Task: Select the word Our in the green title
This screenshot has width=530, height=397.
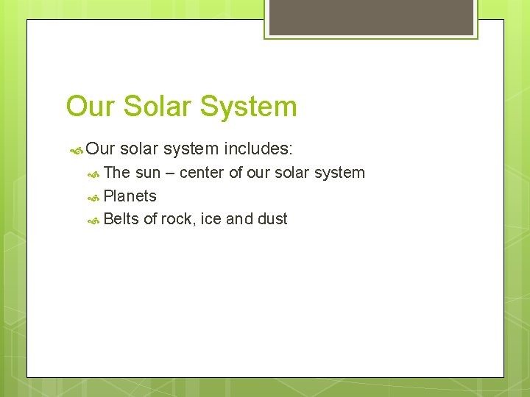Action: [91, 107]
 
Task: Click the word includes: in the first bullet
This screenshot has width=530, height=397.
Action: [258, 149]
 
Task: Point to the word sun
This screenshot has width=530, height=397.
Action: [148, 173]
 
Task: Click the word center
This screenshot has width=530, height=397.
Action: [202, 173]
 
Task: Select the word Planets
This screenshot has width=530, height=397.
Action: [130, 196]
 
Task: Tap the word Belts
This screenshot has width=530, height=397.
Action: [121, 219]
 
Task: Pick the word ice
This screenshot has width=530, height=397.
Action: [211, 219]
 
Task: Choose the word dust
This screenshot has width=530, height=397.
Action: [272, 219]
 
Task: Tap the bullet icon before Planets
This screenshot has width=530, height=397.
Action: [93, 197]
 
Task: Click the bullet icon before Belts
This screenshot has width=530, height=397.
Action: [93, 220]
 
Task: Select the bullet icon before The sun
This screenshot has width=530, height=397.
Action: [93, 174]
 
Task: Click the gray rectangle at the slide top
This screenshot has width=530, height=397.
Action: [372, 17]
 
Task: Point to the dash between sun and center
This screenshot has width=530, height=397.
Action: [169, 174]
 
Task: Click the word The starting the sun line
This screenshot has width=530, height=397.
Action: [117, 173]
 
